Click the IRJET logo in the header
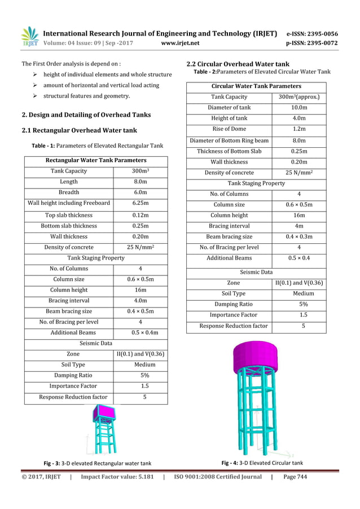pyautogui.click(x=29, y=37)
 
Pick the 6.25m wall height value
pyautogui.click(x=140, y=203)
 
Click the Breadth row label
pyautogui.click(x=69, y=192)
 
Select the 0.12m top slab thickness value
pyautogui.click(x=140, y=215)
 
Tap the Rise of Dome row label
pyautogui.click(x=229, y=129)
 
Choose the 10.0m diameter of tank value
pyautogui.click(x=298, y=107)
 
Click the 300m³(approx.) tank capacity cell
pyautogui.click(x=298, y=96)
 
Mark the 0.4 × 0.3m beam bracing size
pyautogui.click(x=298, y=237)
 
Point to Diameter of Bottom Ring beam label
pyautogui.click(x=229, y=141)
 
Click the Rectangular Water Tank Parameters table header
pyautogui.click(x=95, y=160)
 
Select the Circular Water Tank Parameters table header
pyautogui.click(x=256, y=86)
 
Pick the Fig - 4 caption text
pyautogui.click(x=262, y=463)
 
